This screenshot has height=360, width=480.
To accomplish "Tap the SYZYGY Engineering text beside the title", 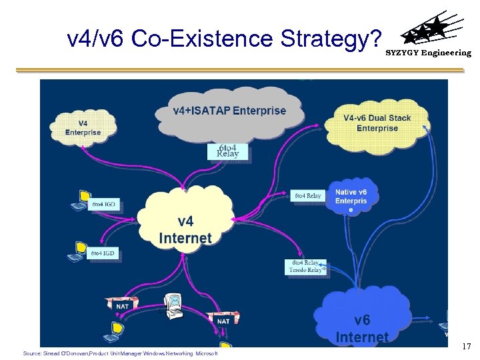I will click(x=429, y=53).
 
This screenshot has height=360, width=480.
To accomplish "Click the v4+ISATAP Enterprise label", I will click(x=229, y=111).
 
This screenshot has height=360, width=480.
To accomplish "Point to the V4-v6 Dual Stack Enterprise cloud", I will click(x=377, y=123).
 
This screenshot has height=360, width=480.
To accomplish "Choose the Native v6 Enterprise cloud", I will click(x=351, y=197).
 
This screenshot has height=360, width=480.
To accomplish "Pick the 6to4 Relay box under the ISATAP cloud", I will click(x=228, y=151).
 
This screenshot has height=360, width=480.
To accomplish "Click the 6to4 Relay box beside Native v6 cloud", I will click(x=307, y=195).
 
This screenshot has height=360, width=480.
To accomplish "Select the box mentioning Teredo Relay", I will click(x=306, y=267).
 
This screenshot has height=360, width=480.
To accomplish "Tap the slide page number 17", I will click(x=466, y=346).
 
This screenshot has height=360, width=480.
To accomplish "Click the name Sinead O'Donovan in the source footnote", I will click(x=65, y=353).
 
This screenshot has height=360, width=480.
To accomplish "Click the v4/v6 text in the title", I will click(x=97, y=39).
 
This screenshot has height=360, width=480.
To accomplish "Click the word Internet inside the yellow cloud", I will click(x=185, y=238).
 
